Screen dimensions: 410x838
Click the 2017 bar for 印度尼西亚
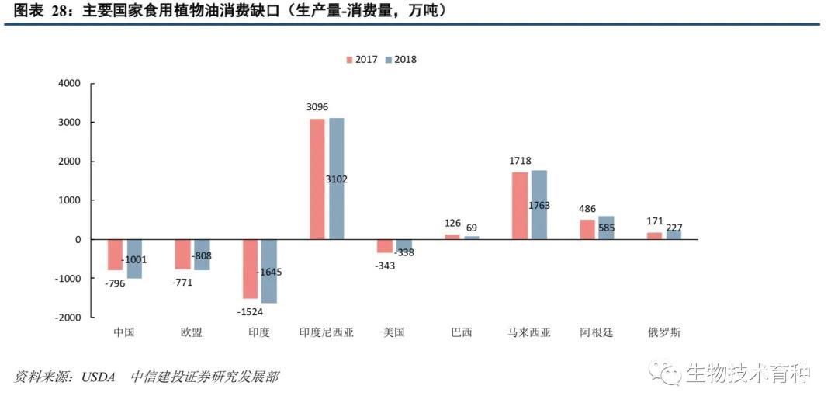click(x=317, y=179)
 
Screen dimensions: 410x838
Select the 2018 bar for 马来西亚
click(x=539, y=204)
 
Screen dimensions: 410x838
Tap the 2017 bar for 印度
click(x=250, y=269)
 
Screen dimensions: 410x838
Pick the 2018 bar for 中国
click(x=134, y=259)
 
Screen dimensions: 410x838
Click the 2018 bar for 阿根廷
click(x=606, y=228)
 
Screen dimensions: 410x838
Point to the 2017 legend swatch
click(x=350, y=60)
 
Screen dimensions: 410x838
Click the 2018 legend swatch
click(x=389, y=60)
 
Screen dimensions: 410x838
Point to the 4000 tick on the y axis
click(x=69, y=84)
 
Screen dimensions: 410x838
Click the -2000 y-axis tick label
click(x=67, y=318)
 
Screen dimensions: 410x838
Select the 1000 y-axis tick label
click(x=69, y=200)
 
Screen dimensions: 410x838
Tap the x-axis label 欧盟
click(x=191, y=332)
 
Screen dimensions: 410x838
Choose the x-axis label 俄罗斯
click(x=664, y=332)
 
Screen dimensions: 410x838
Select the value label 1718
click(x=520, y=161)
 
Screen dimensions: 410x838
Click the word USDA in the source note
click(x=97, y=377)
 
